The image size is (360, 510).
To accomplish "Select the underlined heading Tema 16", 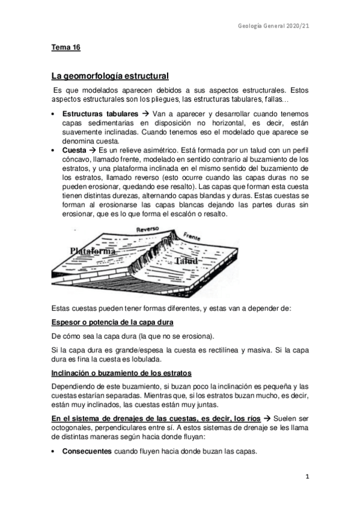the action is (x=66, y=47).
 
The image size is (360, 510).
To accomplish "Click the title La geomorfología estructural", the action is (x=110, y=76).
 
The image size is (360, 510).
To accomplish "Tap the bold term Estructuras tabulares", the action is (x=100, y=113).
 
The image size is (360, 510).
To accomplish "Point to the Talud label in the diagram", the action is (x=186, y=277).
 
